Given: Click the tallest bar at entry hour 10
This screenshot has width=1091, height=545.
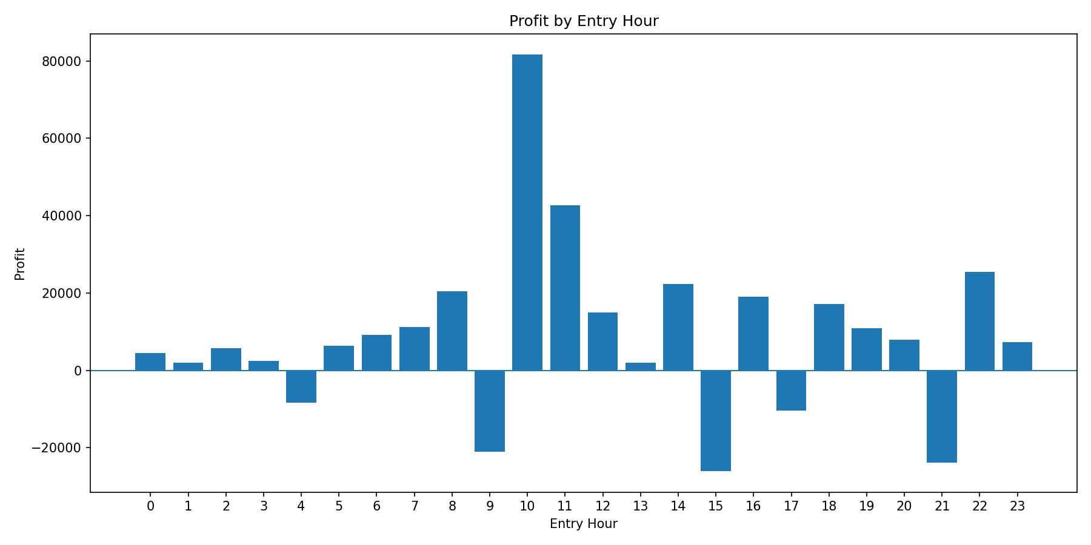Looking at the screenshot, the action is click(x=527, y=213).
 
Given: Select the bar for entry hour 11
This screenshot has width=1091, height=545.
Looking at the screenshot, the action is click(x=565, y=288).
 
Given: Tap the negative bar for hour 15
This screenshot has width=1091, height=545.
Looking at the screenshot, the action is click(x=716, y=421).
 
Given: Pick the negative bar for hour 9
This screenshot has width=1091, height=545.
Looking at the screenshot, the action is click(x=490, y=411).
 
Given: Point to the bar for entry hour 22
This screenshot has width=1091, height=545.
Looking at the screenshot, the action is click(x=979, y=321).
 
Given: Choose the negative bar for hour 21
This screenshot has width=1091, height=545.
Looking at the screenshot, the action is click(x=942, y=417).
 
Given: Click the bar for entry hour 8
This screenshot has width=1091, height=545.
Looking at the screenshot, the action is click(x=452, y=331).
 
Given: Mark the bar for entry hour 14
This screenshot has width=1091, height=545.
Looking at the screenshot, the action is click(x=678, y=327).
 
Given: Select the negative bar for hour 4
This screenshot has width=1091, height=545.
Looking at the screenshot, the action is click(x=301, y=386).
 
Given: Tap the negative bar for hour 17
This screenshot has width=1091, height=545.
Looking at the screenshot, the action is click(x=791, y=391).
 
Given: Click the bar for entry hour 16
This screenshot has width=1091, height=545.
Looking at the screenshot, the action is click(x=753, y=334).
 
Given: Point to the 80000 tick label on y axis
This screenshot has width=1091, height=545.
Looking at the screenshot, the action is click(x=61, y=61).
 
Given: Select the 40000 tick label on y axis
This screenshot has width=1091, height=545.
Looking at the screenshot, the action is click(x=61, y=216).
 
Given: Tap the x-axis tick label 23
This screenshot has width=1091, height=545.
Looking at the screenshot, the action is click(x=1017, y=506).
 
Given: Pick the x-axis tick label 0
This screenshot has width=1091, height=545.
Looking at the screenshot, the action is click(x=150, y=506).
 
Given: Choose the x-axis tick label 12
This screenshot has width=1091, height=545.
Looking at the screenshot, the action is click(x=602, y=506).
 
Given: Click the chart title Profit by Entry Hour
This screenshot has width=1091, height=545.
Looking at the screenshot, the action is click(x=584, y=21).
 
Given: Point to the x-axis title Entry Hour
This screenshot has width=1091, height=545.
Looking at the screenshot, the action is click(x=584, y=524).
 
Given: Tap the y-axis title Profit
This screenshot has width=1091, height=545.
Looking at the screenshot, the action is click(x=20, y=263).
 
